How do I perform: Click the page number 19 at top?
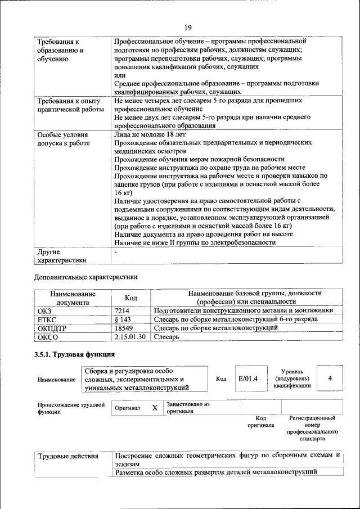coord(188,27)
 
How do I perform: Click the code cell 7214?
coord(122,310)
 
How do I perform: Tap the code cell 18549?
coord(123,328)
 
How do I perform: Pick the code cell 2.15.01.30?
coord(129,337)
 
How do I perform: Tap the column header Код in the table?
coord(130,298)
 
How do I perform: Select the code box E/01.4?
coord(247,378)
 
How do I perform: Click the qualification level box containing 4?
coord(330,378)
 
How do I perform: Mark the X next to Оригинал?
coord(154,408)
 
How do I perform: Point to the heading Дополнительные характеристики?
coord(85,277)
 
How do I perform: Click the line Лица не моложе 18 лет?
coord(149,135)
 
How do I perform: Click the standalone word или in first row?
coord(119,75)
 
